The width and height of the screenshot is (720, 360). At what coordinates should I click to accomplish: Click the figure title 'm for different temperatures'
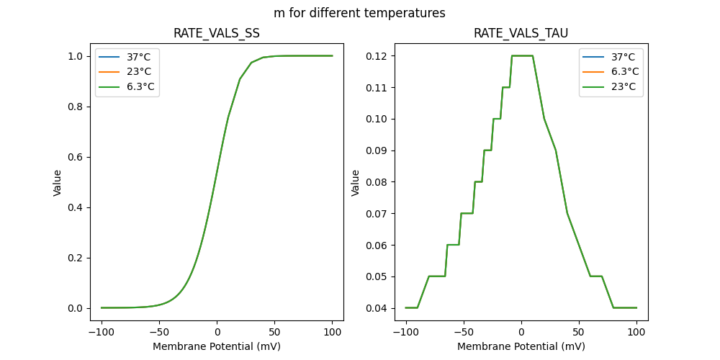coord(359,13)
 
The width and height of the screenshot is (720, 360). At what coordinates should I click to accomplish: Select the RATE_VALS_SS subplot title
coord(217,33)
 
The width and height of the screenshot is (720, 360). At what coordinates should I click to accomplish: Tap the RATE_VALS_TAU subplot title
coord(521,33)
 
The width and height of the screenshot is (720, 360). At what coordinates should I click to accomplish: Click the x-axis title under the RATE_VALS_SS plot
coord(217,346)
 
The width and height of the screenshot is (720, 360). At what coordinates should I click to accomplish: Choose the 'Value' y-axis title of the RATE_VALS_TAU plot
coord(355,182)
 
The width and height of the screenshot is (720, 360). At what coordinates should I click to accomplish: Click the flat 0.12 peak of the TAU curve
coord(522,55)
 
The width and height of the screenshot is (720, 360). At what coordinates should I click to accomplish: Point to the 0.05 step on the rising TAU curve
coord(436,276)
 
